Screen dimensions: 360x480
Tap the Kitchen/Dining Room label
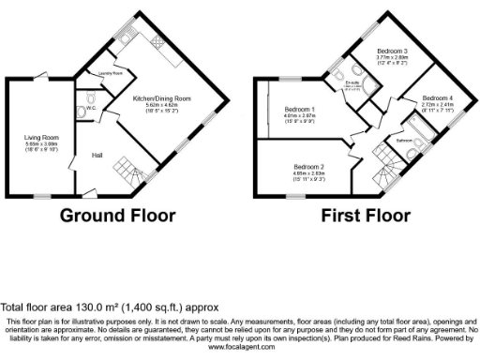161,97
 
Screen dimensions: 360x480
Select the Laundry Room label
112,72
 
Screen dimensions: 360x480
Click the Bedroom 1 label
299,110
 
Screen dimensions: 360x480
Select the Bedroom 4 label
436,97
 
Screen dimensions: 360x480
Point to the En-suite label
352,82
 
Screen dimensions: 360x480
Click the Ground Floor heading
117,215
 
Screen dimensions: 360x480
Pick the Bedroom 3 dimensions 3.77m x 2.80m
392,58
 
